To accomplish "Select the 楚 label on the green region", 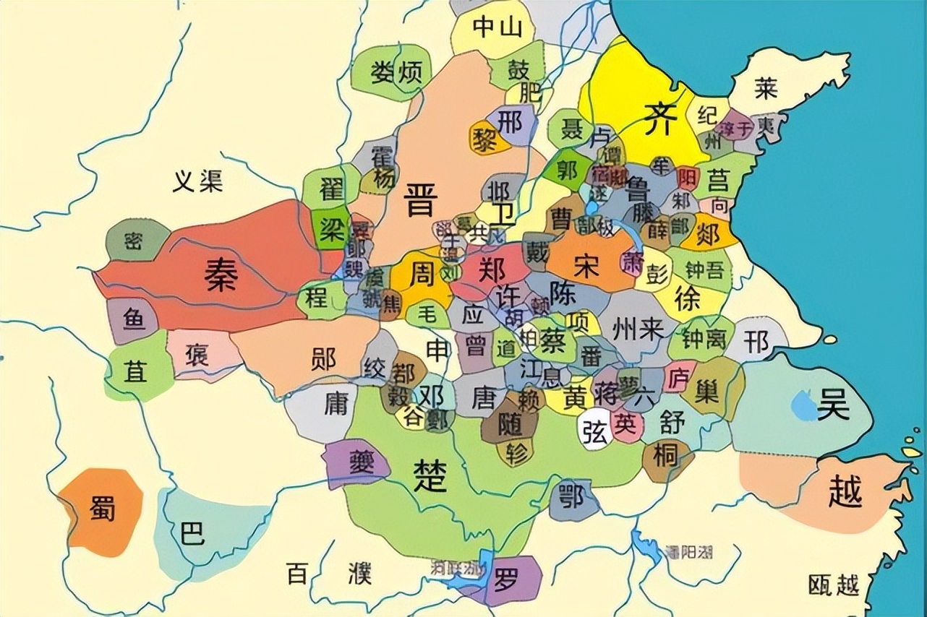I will click(x=431, y=475).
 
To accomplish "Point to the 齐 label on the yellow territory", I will click(x=659, y=118).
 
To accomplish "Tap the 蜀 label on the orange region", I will click(x=102, y=510).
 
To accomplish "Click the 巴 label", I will click(x=192, y=532).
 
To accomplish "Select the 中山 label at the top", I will click(x=497, y=27).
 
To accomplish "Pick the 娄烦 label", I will click(x=396, y=72).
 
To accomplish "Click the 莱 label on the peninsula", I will click(x=765, y=88).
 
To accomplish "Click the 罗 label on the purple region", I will click(x=505, y=578).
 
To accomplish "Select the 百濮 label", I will click(x=329, y=574).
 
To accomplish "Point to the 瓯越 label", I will click(x=834, y=584).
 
